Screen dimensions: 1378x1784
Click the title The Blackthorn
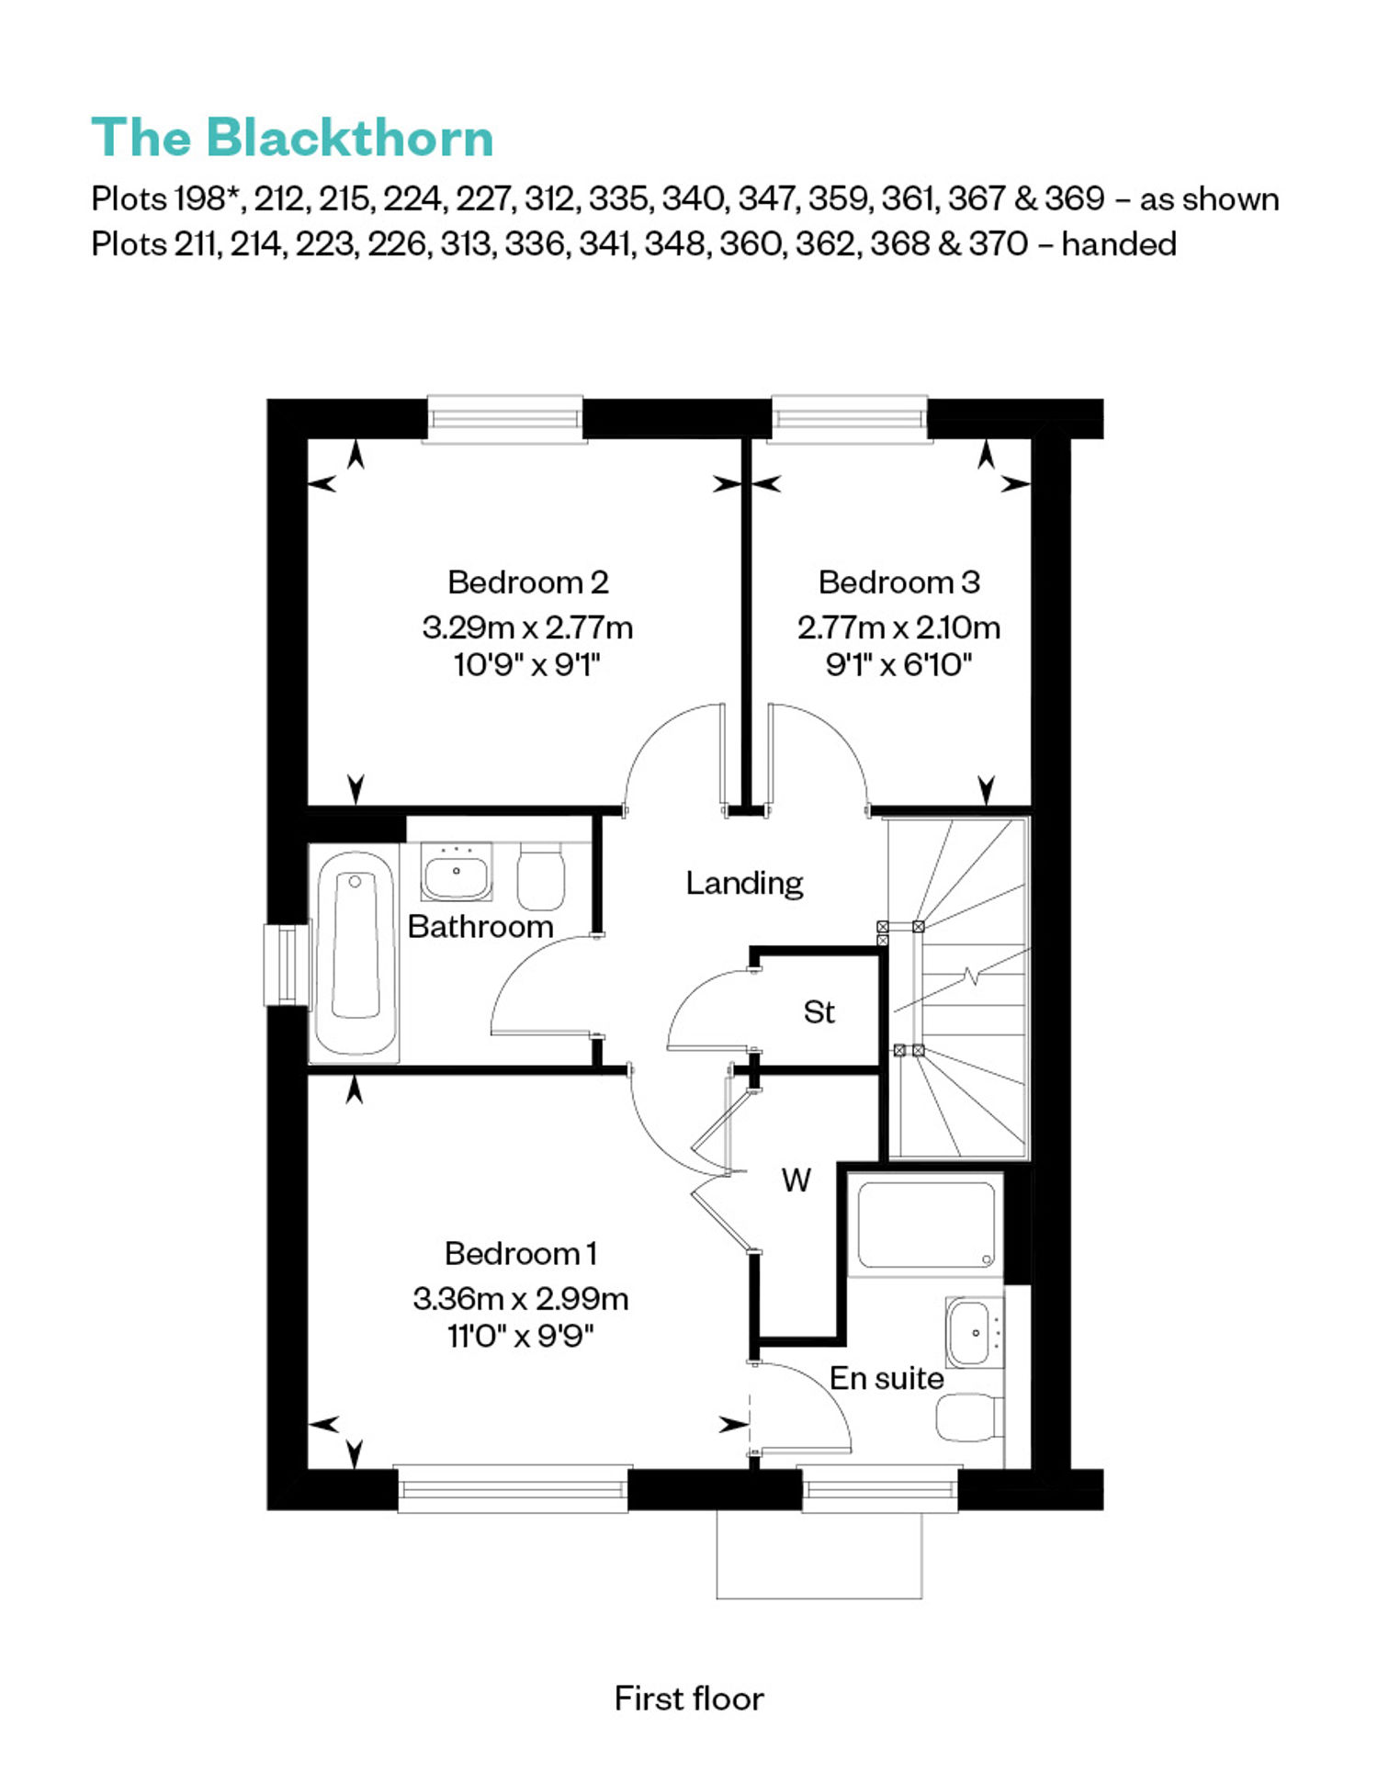[x=292, y=138]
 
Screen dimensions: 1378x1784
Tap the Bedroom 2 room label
[x=528, y=582]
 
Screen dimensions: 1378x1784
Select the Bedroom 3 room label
[x=899, y=582]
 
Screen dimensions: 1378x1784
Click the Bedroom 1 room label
[x=521, y=1253]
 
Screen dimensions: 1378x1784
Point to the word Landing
[x=744, y=884]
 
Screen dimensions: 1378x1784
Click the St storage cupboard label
[x=819, y=1012]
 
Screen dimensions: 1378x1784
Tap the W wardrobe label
[x=796, y=1180]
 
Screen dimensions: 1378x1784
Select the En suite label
[x=887, y=1378]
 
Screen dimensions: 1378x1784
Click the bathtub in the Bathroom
[x=356, y=953]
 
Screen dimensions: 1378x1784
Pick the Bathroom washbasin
[x=457, y=872]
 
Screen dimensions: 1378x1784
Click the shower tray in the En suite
[x=926, y=1225]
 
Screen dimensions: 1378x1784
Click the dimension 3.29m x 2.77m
[x=527, y=627]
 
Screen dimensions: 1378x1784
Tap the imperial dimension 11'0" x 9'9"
[x=521, y=1335]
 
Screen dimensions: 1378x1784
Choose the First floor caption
[x=689, y=1699]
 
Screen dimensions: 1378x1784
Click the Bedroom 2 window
[x=504, y=419]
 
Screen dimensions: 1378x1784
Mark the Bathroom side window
[x=286, y=965]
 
